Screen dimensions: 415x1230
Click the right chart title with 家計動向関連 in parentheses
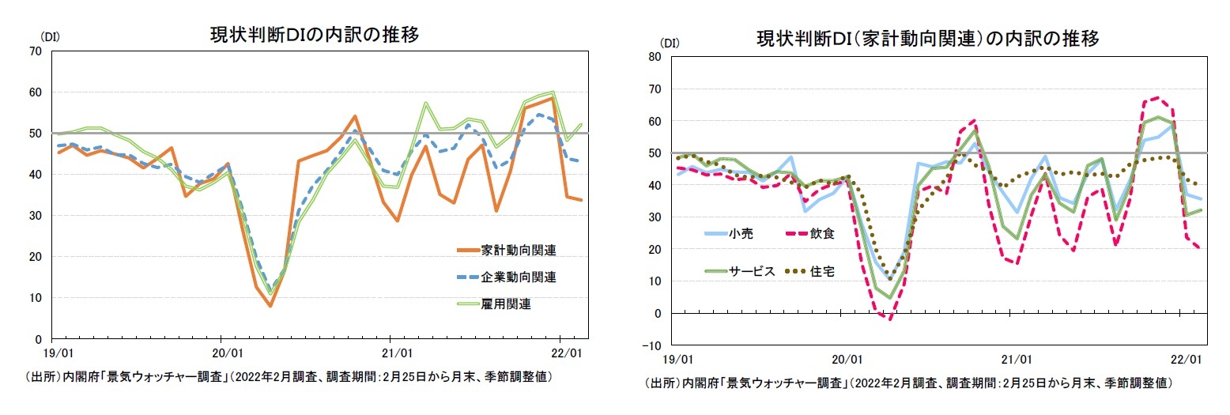[928, 39]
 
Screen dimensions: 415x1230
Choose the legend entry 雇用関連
[506, 304]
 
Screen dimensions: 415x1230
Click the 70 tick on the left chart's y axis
[36, 51]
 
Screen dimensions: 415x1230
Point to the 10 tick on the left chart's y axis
[36, 298]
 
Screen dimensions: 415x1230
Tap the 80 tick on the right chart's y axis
[655, 57]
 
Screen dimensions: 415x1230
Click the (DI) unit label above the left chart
[40, 36]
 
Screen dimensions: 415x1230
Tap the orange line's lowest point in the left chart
[270, 306]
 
